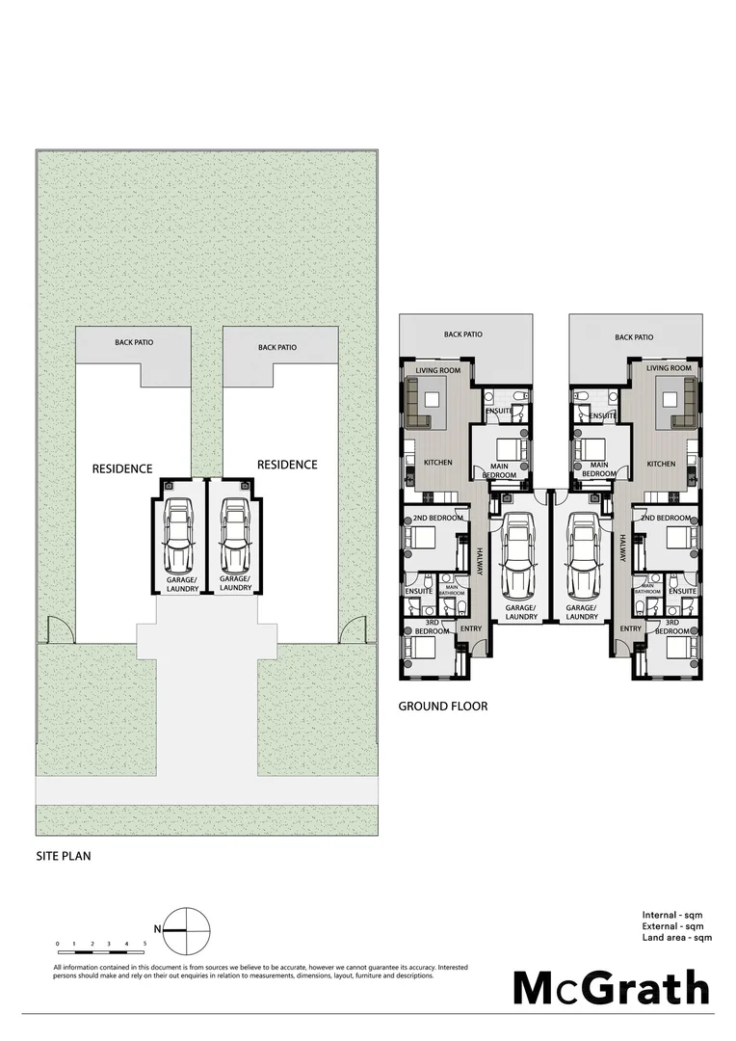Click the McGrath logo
click(611, 988)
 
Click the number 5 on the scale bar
click(145, 943)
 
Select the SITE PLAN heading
click(64, 854)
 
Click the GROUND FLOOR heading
click(442, 707)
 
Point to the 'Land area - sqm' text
click(677, 937)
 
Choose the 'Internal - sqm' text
click(677, 914)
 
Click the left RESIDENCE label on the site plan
click(122, 468)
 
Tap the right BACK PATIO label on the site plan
click(277, 347)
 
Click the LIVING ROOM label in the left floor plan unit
click(438, 369)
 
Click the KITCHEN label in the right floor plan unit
click(661, 464)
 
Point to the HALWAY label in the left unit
click(479, 563)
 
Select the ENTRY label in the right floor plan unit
click(630, 628)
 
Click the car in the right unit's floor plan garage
click(584, 554)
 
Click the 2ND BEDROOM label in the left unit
click(438, 519)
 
